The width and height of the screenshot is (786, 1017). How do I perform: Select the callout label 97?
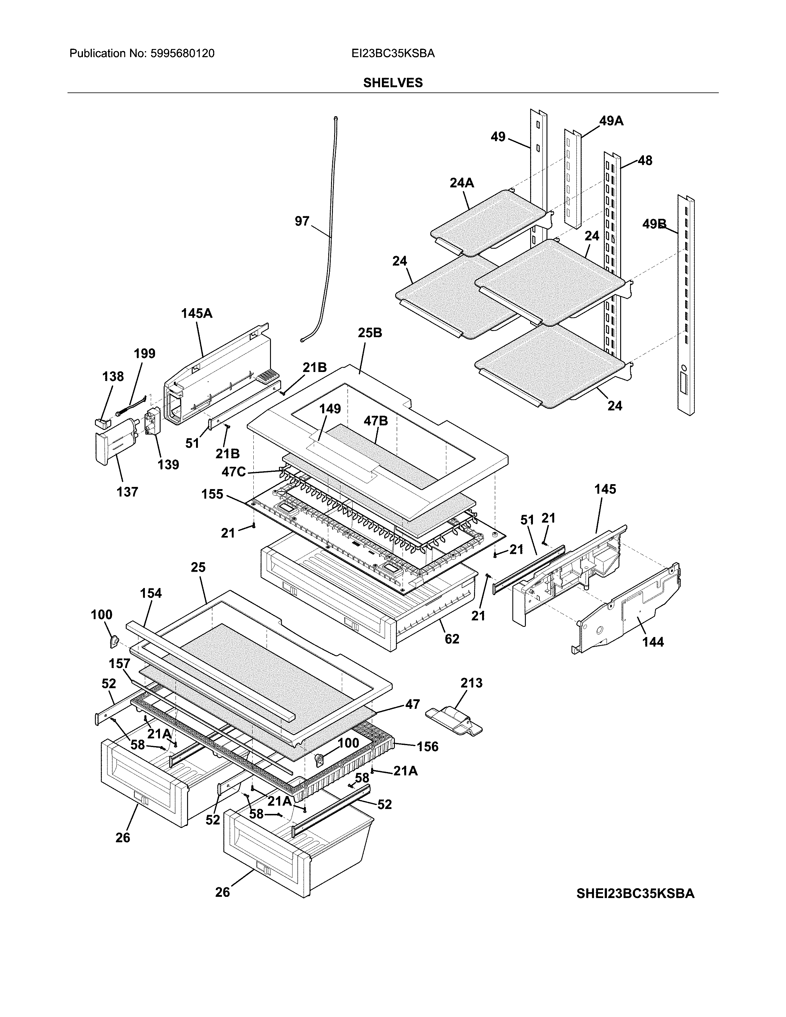point(302,221)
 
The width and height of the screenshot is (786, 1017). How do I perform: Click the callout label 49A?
point(611,121)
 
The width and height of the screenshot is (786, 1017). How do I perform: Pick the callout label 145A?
point(197,313)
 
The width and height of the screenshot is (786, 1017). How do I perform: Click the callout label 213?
point(471,683)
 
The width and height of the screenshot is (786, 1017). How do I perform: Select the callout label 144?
point(653,642)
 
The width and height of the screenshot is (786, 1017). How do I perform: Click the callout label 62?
point(452,639)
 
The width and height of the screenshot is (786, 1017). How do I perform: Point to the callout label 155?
point(212,494)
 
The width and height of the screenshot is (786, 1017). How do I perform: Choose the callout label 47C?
point(234,472)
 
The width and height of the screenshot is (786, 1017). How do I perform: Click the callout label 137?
point(127,492)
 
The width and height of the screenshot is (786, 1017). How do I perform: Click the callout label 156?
point(428,747)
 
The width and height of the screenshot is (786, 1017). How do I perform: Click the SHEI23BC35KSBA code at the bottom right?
point(635,894)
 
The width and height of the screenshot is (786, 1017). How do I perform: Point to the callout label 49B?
point(654,224)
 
